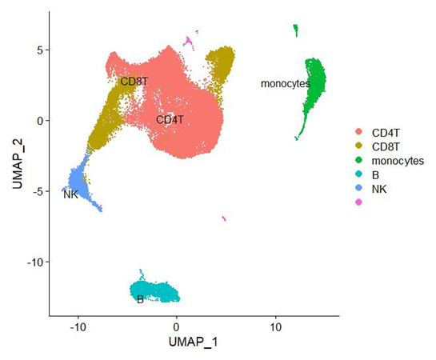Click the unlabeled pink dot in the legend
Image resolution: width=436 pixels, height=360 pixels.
point(358,203)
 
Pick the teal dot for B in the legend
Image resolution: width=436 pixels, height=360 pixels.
point(358,174)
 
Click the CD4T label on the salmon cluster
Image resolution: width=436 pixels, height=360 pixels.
point(170,120)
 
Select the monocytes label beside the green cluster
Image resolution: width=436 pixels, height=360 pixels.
point(285,83)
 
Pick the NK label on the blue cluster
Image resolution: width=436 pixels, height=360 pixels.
point(71,194)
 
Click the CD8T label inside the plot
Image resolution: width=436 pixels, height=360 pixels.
point(134,81)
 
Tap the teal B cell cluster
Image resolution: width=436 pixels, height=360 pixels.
point(156,290)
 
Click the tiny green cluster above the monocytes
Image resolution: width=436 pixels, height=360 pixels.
point(295,30)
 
